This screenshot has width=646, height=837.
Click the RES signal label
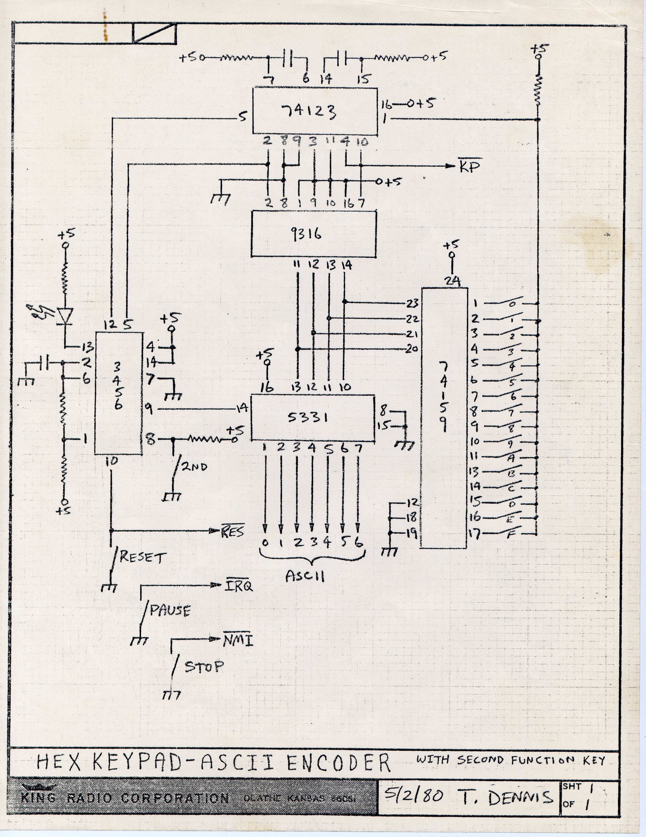point(233,532)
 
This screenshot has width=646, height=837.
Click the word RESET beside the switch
point(143,557)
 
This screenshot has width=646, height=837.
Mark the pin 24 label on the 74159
point(452,281)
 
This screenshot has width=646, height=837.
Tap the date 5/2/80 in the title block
point(413,796)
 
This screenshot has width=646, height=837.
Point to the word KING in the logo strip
point(38,797)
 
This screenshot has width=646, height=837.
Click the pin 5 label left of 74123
point(243,116)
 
